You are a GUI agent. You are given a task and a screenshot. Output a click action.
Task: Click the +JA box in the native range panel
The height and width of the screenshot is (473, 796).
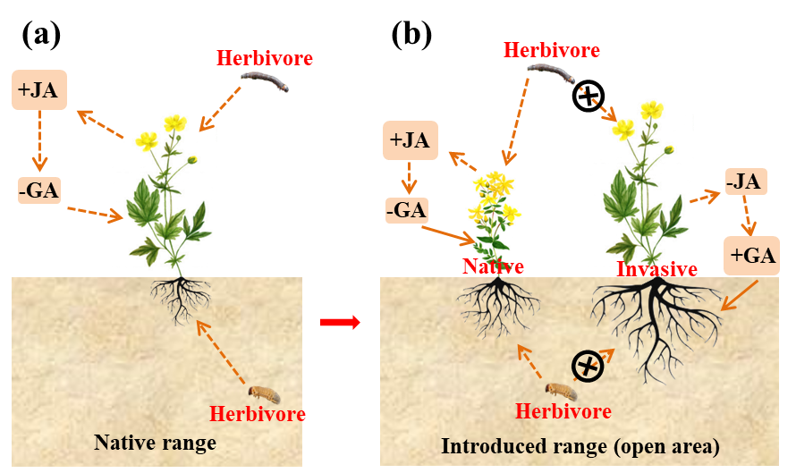[39, 89]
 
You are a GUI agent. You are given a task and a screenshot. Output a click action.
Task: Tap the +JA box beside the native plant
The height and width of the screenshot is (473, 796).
[411, 140]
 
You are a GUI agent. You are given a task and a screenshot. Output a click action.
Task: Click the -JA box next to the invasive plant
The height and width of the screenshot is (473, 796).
[744, 182]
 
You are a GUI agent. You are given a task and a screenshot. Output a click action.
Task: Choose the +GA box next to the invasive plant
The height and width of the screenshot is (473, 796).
[752, 255]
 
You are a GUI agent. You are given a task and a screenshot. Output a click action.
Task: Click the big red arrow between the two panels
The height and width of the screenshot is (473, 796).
[340, 322]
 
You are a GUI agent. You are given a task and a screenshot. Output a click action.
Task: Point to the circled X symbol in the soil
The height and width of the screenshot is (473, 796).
[589, 365]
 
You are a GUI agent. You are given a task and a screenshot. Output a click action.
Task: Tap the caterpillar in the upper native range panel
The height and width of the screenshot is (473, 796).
[267, 84]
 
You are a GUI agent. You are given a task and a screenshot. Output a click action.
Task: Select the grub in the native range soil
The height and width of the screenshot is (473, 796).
[263, 393]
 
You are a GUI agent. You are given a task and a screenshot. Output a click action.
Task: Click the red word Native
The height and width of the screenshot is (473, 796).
[493, 266]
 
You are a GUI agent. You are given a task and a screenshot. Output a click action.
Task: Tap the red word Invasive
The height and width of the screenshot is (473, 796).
[657, 269]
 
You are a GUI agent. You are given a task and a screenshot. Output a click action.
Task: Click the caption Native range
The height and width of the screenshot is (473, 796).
[155, 442]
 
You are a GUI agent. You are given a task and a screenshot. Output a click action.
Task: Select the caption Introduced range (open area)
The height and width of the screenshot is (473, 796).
[580, 445]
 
